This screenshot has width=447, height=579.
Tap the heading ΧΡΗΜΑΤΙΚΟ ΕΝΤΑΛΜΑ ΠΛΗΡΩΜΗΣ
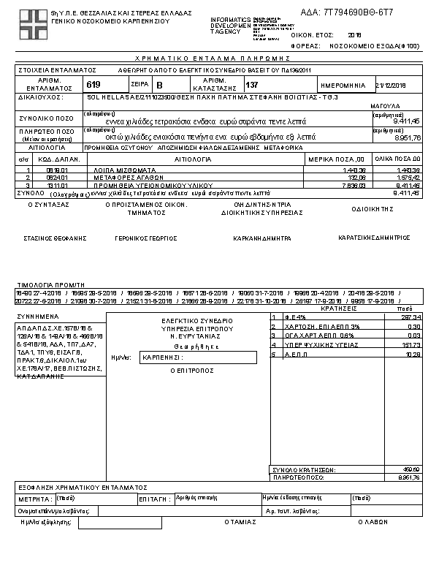223,58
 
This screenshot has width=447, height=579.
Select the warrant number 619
93,84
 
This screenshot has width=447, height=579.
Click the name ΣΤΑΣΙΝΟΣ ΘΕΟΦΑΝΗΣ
55,238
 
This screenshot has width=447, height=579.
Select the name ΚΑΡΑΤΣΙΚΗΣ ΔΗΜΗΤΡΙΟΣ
374,238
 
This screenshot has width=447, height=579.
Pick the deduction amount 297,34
412,317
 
